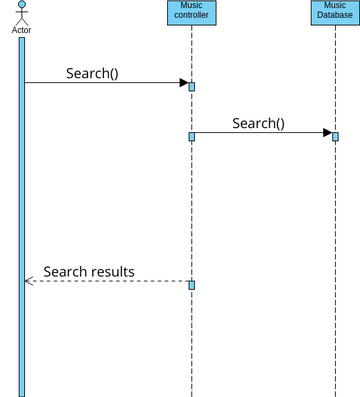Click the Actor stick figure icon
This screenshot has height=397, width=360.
21,13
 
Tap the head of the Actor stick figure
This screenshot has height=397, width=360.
21,5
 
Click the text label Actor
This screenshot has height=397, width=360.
21,30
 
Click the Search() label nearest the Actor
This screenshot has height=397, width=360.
92,73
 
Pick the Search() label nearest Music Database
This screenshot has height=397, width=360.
258,123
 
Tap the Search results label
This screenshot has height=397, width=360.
88,271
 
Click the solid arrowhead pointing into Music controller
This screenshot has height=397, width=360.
183,83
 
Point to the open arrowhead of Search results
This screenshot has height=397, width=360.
29,281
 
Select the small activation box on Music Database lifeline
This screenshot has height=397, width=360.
335,136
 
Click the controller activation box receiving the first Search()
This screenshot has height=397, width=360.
191,86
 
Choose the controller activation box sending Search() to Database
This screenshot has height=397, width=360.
191,136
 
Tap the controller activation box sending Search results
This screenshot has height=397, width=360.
191,285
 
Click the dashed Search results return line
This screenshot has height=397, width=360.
110,281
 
